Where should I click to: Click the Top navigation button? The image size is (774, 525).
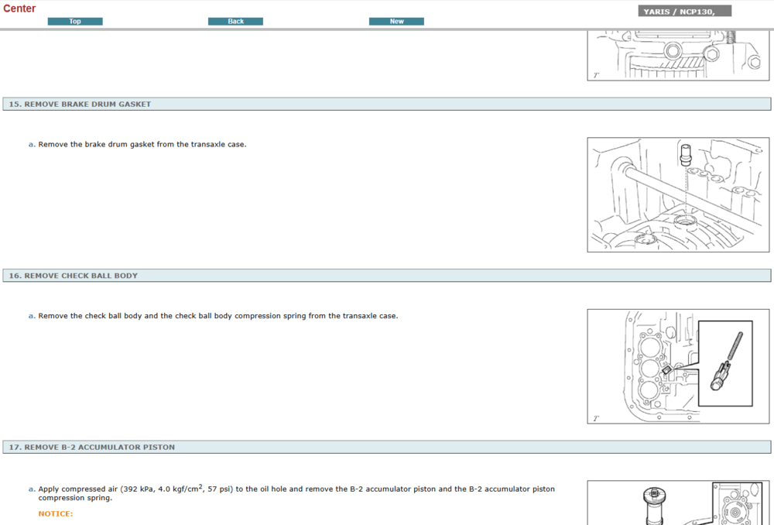(x=75, y=22)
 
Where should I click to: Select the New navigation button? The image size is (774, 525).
(x=396, y=22)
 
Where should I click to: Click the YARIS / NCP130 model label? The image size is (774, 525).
(x=684, y=12)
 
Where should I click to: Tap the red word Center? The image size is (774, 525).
(x=19, y=9)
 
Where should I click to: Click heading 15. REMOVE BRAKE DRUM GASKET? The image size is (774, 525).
(x=80, y=104)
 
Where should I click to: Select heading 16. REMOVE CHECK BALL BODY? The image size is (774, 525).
(x=73, y=276)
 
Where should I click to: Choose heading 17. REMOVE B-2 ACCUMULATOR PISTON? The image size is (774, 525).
(x=91, y=448)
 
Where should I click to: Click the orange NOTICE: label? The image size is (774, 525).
(x=56, y=513)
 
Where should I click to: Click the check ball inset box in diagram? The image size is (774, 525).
(x=725, y=364)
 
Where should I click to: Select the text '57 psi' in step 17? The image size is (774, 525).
(x=217, y=489)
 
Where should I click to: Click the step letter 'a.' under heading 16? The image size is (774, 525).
(x=32, y=316)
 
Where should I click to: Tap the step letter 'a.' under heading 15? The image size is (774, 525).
(x=32, y=144)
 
